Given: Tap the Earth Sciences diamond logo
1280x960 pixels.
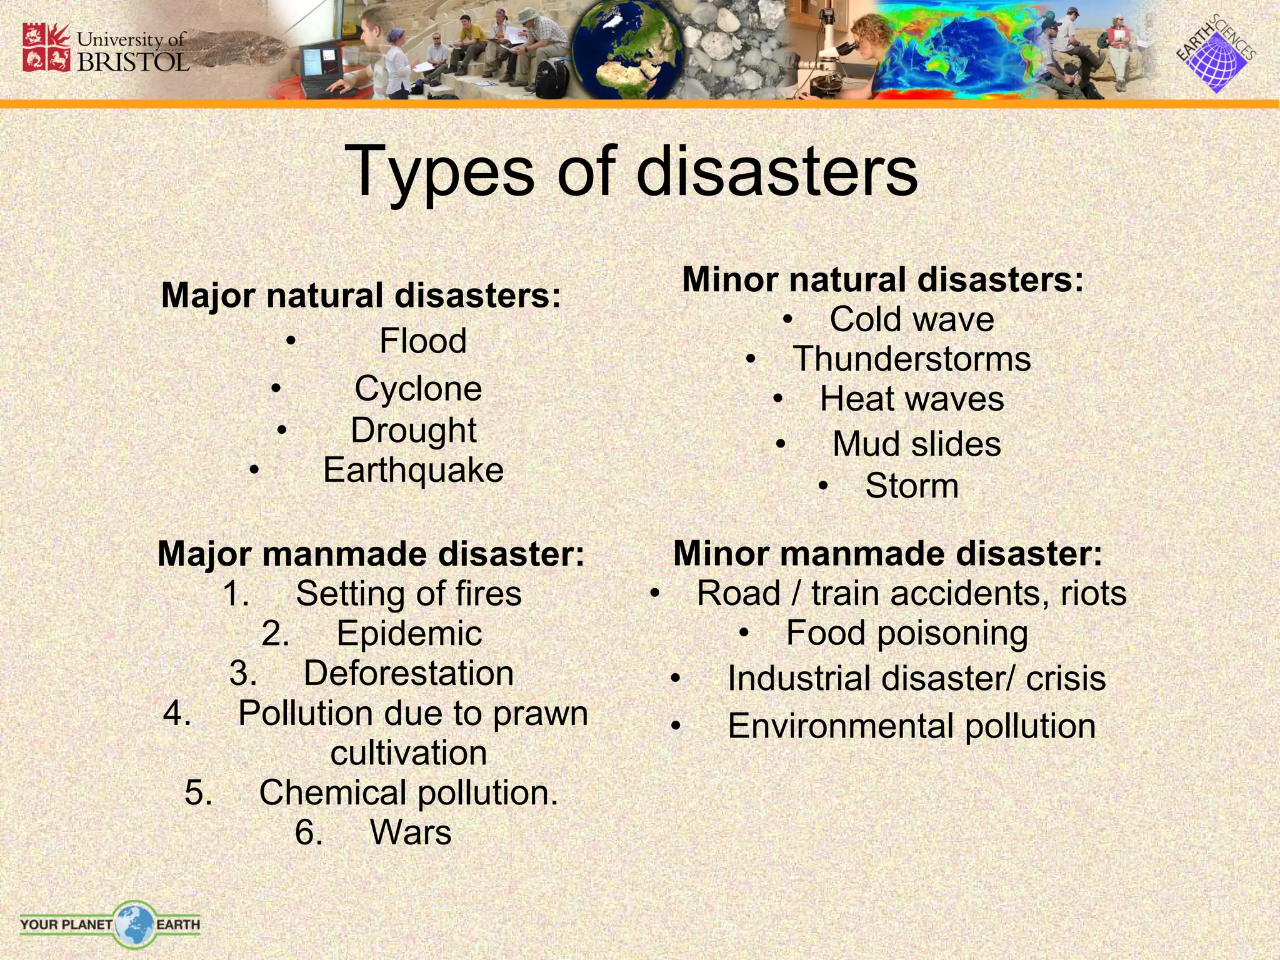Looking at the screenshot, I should point(1216,56).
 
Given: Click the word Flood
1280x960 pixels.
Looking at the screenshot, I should point(423,341).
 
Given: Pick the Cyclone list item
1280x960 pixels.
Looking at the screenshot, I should point(418,389).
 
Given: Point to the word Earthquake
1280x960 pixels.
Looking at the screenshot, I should point(413,470).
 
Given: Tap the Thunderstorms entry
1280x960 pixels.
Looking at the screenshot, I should point(912,359).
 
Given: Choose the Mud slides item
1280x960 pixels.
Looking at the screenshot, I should point(916,444).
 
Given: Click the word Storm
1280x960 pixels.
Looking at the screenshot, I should point(912,486).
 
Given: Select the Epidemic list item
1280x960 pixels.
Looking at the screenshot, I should point(409,634).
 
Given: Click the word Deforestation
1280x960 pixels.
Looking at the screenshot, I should point(409,674).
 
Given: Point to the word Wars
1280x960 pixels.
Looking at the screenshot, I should point(411,832).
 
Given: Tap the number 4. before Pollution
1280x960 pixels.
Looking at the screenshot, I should point(177,713).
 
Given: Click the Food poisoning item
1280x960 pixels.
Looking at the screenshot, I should point(907,633).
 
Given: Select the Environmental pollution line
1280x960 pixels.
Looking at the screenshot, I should point(911,726).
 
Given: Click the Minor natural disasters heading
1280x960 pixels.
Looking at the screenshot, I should point(882,279).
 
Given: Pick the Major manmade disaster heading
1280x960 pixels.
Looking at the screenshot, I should point(371,554).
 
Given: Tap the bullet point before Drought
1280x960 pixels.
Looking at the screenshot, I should point(282,431).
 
